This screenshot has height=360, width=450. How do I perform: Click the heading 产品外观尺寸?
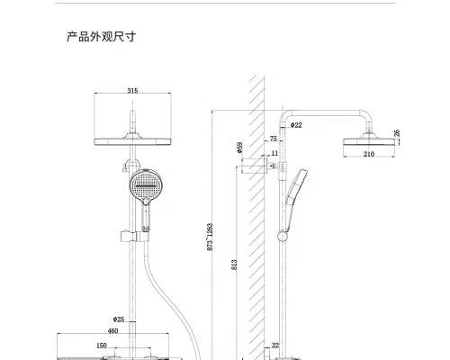pyautogui.click(x=101, y=37)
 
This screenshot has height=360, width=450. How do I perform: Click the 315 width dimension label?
pyautogui.click(x=132, y=90)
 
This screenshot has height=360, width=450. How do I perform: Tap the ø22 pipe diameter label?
pyautogui.click(x=296, y=125)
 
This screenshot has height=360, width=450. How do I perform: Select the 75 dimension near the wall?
pyautogui.click(x=274, y=139)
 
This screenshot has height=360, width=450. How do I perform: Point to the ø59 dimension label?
pyautogui.click(x=239, y=148)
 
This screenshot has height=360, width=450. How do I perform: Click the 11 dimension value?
pyautogui.click(x=274, y=153)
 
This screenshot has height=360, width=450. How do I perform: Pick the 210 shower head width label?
pyautogui.click(x=369, y=154)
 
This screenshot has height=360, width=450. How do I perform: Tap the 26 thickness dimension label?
pyautogui.click(x=397, y=133)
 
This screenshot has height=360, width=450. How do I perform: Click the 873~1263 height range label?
pyautogui.click(x=210, y=237)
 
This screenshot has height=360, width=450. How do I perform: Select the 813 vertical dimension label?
pyautogui.click(x=234, y=265)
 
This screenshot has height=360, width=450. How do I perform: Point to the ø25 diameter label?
pyautogui.click(x=119, y=319)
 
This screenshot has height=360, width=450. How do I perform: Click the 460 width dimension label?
pyautogui.click(x=112, y=331)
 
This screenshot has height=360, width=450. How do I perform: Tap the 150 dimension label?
pyautogui.click(x=102, y=346)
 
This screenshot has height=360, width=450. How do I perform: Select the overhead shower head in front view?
pyautogui.click(x=132, y=141)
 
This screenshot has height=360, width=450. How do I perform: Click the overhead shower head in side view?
pyautogui.click(x=369, y=141)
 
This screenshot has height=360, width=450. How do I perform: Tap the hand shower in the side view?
pyautogui.click(x=294, y=200)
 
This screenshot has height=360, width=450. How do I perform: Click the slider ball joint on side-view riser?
pyautogui.click(x=283, y=237)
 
